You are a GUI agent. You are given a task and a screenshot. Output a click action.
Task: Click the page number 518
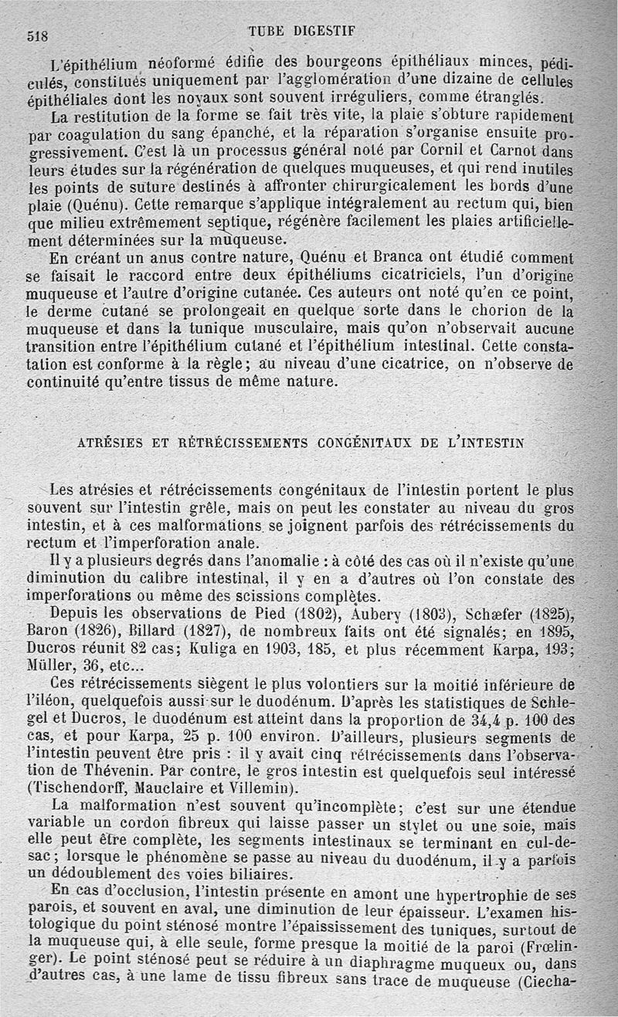coord(38,36)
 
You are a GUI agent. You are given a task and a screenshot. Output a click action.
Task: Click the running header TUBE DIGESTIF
coord(301,31)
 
